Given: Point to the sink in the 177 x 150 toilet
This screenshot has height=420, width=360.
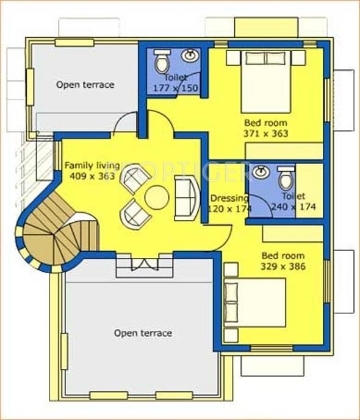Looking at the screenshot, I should [x=191, y=55].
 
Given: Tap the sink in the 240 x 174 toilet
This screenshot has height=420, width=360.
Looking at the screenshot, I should [x=261, y=172].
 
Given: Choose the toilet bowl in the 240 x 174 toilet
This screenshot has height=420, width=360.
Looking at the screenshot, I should [x=285, y=179].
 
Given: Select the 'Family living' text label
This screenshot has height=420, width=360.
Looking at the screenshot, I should [x=89, y=165].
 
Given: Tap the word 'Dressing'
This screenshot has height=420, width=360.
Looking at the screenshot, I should [x=229, y=198].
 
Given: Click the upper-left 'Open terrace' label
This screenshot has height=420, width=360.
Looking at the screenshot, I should [x=85, y=85].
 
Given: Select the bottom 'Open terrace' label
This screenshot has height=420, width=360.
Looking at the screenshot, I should [x=143, y=333].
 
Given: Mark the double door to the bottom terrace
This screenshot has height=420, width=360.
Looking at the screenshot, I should [x=140, y=265].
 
